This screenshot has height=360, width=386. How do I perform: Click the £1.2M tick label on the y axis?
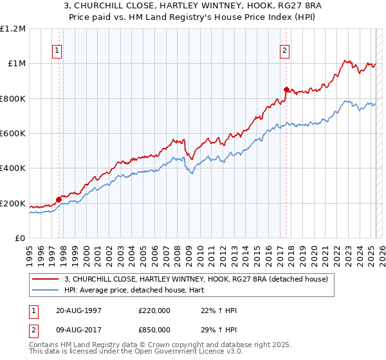[13, 28]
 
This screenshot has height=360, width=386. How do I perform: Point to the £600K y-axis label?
[13, 134]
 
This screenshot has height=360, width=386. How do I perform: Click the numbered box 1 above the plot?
[58, 51]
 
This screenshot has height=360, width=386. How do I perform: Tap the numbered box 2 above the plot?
[284, 51]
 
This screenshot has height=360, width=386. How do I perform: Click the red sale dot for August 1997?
[59, 199]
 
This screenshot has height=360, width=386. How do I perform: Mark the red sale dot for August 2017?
[287, 89]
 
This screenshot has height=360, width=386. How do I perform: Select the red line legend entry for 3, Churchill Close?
[196, 279]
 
